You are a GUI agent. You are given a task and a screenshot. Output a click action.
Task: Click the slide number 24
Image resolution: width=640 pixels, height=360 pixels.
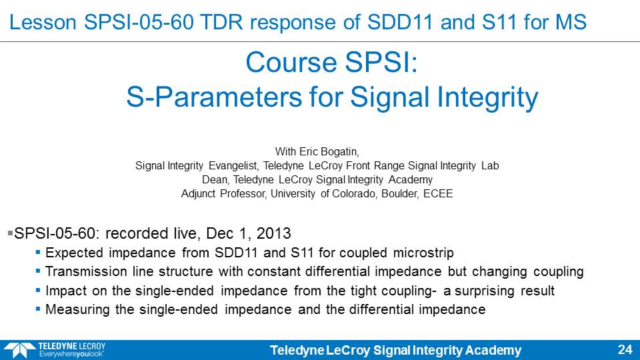tap(625, 350)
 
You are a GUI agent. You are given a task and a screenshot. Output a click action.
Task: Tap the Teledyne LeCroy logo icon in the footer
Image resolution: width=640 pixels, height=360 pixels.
tap(19, 351)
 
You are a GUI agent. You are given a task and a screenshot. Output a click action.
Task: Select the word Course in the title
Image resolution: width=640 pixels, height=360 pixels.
tap(291, 63)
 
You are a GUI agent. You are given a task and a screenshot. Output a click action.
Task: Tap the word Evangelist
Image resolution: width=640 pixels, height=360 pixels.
tap(233, 166)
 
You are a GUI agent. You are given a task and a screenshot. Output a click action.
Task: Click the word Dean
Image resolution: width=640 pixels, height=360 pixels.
tap(215, 179)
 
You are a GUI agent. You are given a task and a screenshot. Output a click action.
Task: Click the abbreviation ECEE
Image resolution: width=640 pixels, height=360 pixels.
tap(438, 193)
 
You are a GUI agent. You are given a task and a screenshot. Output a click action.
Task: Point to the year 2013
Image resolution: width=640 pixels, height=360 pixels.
tap(273, 233)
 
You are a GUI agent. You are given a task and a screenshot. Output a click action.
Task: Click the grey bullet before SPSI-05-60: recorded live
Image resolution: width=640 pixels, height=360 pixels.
tap(10, 233)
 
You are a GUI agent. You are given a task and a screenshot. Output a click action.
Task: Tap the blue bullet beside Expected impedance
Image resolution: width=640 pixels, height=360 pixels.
tap(38, 252)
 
